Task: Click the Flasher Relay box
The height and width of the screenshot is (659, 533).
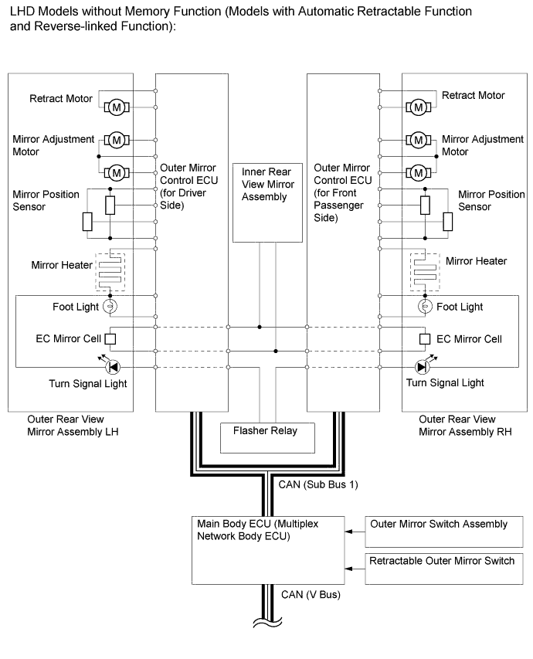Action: pyautogui.click(x=269, y=437)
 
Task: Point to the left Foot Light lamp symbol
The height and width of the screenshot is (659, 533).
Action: pyautogui.click(x=110, y=307)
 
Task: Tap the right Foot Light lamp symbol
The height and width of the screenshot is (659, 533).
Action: pyautogui.click(x=424, y=307)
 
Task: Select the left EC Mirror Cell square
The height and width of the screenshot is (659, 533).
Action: pyautogui.click(x=110, y=338)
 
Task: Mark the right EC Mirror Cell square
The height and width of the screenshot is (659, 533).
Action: pyautogui.click(x=424, y=338)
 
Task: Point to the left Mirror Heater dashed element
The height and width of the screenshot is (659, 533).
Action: pyautogui.click(x=110, y=270)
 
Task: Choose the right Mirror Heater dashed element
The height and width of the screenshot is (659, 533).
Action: pyautogui.click(x=424, y=270)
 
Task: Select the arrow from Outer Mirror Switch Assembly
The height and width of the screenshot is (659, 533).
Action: pyautogui.click(x=355, y=531)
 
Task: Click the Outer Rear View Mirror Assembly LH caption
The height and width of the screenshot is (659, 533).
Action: pyautogui.click(x=70, y=425)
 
